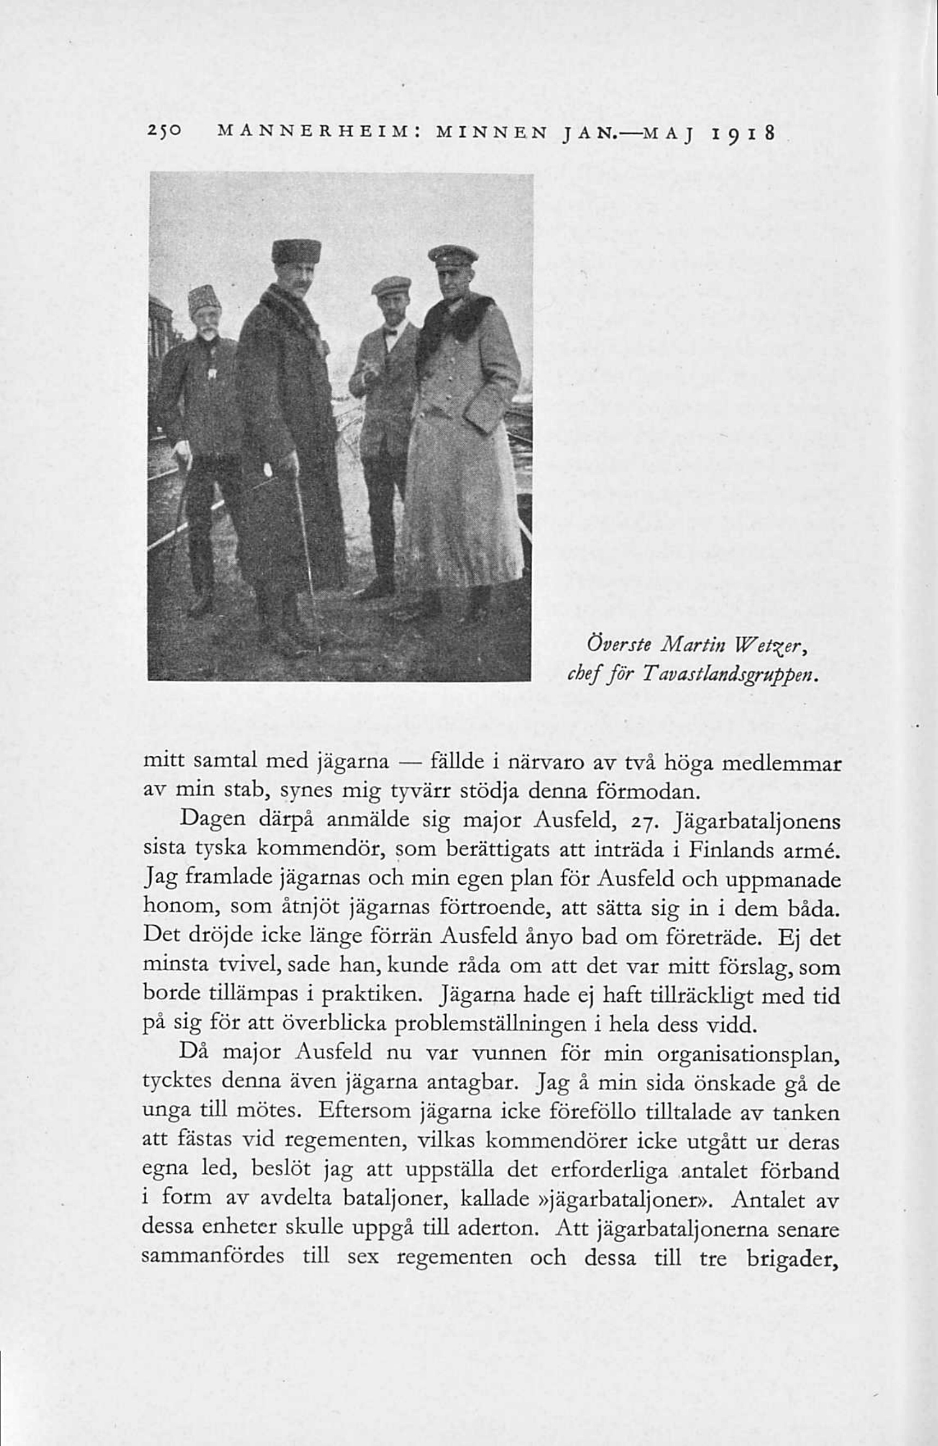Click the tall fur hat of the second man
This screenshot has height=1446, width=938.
pyautogui.click(x=296, y=250)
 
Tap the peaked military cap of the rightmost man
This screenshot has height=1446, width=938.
pyautogui.click(x=452, y=256)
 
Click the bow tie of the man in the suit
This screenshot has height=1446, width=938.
pyautogui.click(x=389, y=332)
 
